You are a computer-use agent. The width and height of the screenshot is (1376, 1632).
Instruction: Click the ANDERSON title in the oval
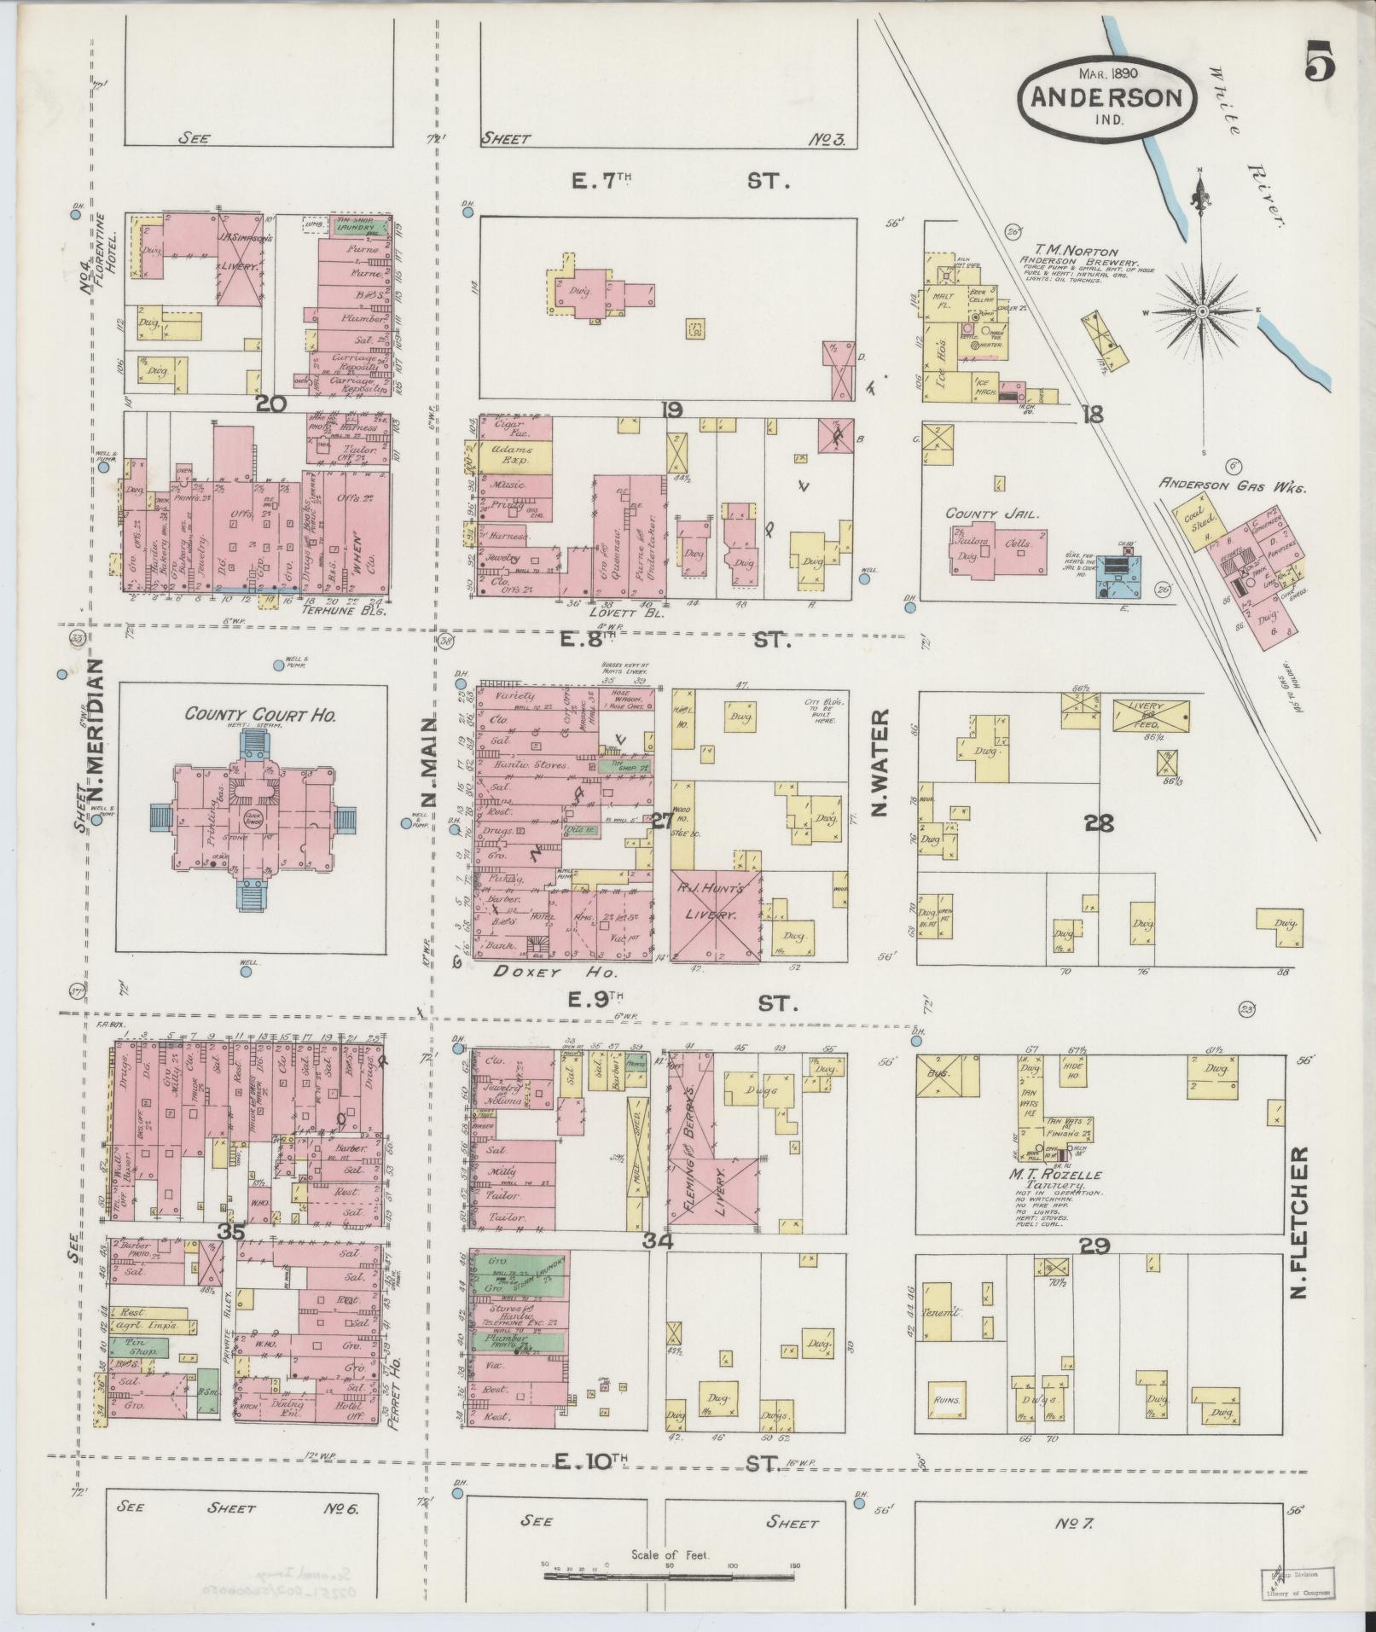point(1106,96)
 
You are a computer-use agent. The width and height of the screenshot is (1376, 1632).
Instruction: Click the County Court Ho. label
point(260,715)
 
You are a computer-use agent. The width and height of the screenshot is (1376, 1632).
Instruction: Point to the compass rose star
point(1201,311)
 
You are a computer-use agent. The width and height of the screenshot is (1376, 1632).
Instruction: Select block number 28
point(1100,823)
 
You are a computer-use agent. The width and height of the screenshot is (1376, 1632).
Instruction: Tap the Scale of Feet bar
point(671,1577)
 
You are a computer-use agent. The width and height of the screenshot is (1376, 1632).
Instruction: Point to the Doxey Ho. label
point(549,972)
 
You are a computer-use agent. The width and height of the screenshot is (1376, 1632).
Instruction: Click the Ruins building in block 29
point(946,1400)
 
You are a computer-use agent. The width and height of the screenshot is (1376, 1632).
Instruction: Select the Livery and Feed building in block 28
point(1151,714)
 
